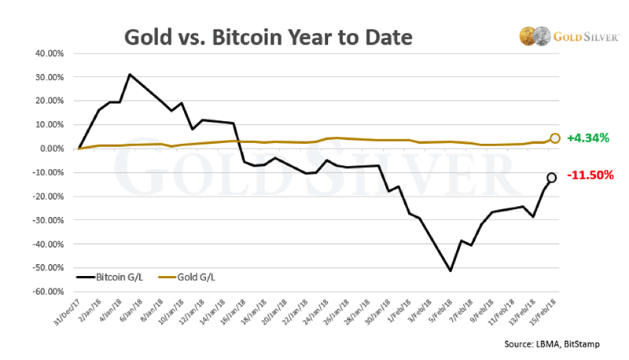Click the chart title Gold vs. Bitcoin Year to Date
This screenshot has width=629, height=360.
(267, 37)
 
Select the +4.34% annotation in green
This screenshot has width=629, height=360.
(588, 138)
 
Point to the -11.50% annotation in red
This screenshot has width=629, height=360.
(590, 175)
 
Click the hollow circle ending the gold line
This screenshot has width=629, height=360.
(555, 138)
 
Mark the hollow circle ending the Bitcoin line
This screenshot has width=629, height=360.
(551, 178)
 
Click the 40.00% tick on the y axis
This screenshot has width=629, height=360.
(50, 53)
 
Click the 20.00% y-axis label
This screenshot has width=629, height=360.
(50, 101)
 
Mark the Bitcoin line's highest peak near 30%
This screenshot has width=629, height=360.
(130, 75)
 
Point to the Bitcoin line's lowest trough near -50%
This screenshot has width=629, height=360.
(450, 271)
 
